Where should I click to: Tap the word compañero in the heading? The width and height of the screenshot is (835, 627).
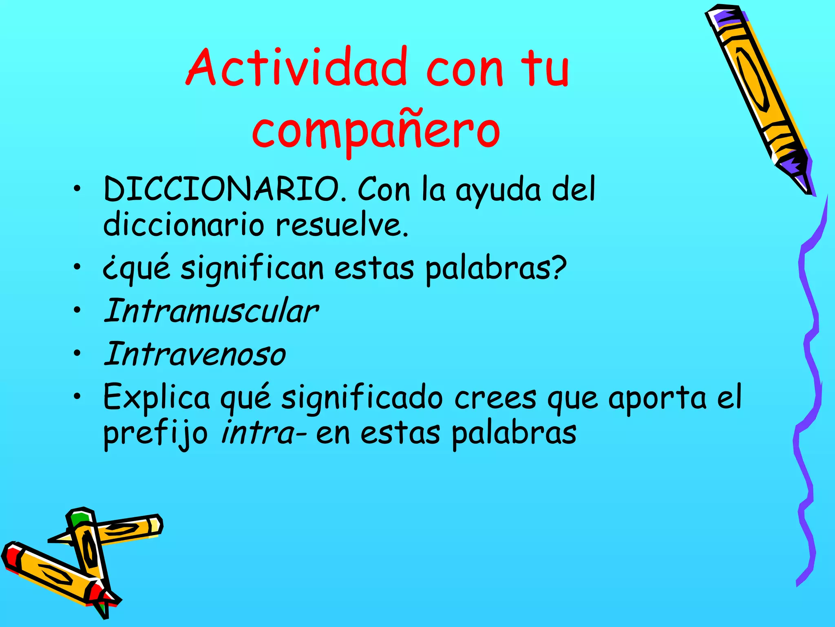376,130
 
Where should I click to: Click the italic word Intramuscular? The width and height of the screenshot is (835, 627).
211,311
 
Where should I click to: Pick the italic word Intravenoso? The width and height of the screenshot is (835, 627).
195,354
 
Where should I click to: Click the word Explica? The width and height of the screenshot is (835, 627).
157,397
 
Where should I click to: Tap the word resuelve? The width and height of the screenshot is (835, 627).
342,225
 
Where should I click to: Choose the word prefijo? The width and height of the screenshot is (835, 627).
155,434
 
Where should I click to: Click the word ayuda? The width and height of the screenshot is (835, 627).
498,190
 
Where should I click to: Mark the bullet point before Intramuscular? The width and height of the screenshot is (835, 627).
77,311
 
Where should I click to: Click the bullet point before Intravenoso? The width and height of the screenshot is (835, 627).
77,354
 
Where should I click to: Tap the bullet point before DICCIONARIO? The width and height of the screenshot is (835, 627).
77,189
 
